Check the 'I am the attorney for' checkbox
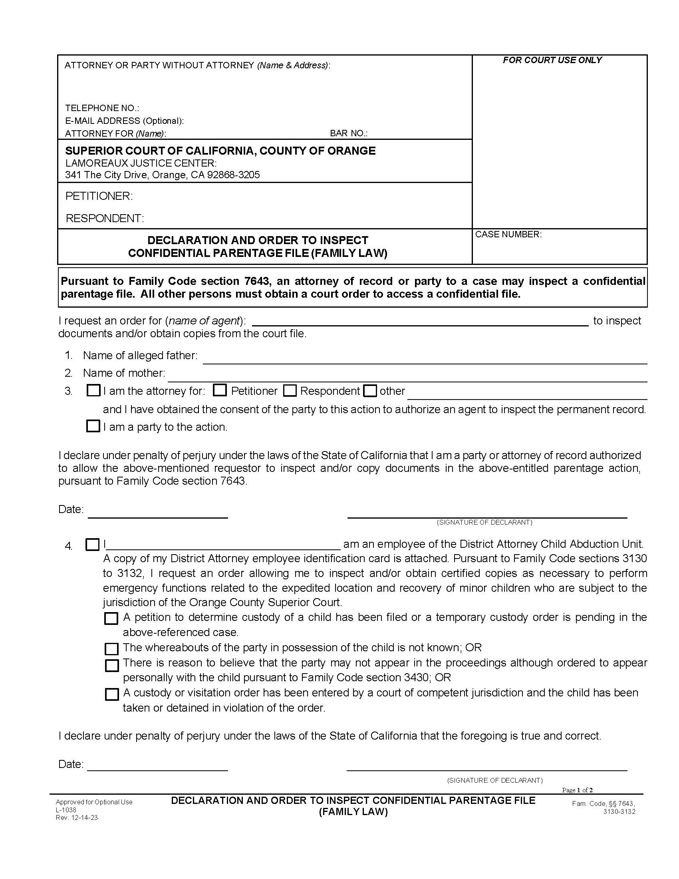point(93,390)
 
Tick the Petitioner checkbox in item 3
point(220,390)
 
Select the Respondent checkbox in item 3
point(290,390)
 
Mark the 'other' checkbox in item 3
point(370,391)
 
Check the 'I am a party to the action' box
point(93,426)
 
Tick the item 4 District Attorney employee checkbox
point(93,545)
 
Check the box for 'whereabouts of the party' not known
point(111,649)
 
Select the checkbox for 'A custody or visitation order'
point(111,694)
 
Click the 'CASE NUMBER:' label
point(508,235)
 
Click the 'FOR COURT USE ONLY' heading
point(552,60)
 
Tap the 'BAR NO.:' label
point(348,133)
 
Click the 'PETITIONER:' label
point(99,196)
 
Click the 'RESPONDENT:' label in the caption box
point(105,218)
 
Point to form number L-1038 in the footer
point(66,810)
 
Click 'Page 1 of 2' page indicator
point(577,790)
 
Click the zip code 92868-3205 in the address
point(233,175)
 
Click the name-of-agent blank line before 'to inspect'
point(419,321)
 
